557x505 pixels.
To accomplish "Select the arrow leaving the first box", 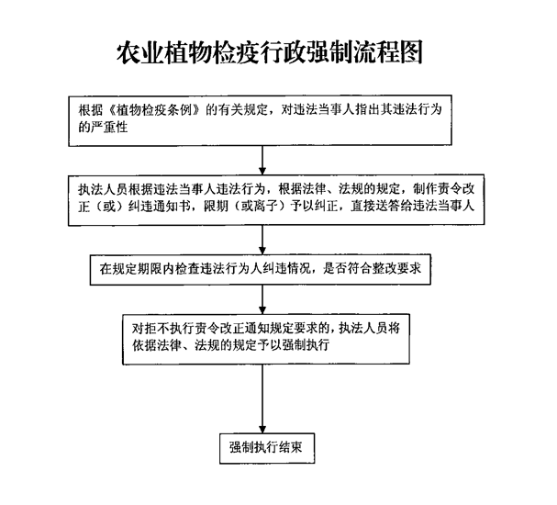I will click(x=263, y=158).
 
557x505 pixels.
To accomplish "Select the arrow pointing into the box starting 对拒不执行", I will click(x=263, y=297).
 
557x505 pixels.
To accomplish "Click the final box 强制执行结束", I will click(x=266, y=449).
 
